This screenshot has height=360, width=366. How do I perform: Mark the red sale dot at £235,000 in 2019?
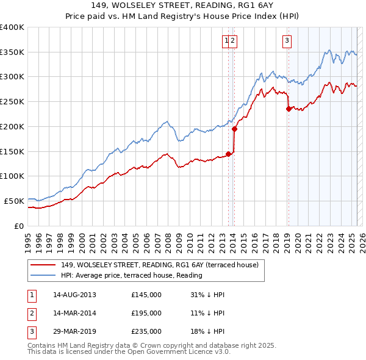(x=289, y=109)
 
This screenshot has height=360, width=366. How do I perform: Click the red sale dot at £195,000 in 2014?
(x=234, y=129)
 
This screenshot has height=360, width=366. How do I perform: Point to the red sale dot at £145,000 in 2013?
(x=228, y=154)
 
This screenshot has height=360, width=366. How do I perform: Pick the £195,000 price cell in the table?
(x=146, y=313)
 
